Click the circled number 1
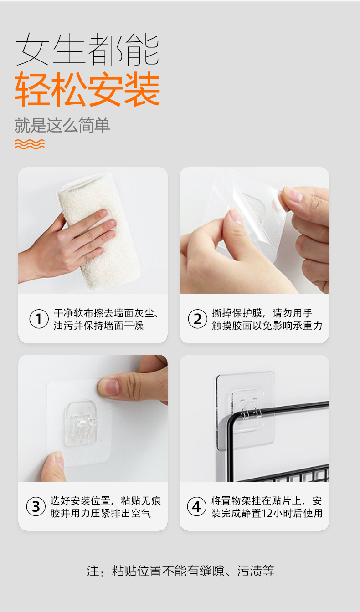[x=39, y=319]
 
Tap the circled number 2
[x=197, y=319]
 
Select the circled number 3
[x=36, y=506]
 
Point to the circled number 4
[x=196, y=506]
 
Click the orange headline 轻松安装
[x=87, y=89]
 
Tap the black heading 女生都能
[x=87, y=49]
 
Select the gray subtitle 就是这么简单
[x=62, y=125]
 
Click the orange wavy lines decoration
[x=30, y=144]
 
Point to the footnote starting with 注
[x=180, y=571]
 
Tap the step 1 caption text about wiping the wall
[x=106, y=319]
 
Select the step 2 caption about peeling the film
[x=267, y=319]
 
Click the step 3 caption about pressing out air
[x=106, y=507]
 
